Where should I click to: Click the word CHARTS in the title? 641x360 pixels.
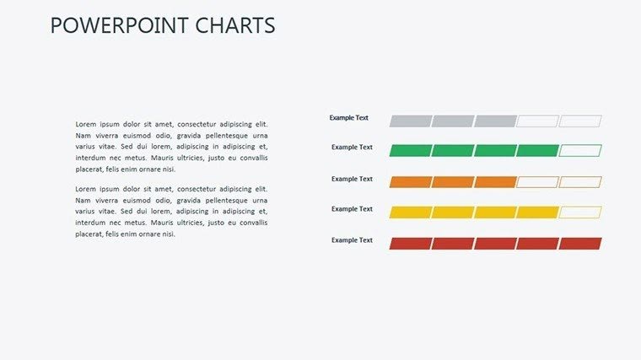click(x=237, y=26)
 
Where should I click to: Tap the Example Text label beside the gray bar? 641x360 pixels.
click(x=348, y=118)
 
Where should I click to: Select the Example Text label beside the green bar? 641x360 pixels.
click(x=352, y=148)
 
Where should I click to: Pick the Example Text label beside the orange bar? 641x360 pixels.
click(x=352, y=179)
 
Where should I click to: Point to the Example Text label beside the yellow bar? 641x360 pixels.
click(x=352, y=209)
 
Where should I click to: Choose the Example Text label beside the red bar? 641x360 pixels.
click(x=352, y=240)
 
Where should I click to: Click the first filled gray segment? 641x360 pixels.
click(x=410, y=121)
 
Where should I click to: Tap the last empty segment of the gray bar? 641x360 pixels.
click(x=580, y=121)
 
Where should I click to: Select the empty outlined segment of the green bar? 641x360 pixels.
click(x=580, y=151)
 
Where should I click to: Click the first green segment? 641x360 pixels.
click(x=410, y=151)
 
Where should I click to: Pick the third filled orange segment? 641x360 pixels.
click(x=495, y=182)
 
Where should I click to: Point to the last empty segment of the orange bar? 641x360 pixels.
click(x=580, y=182)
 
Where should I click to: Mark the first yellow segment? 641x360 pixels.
click(x=410, y=212)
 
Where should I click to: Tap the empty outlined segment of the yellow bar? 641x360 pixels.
click(x=580, y=212)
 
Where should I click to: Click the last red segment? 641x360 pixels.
click(x=580, y=244)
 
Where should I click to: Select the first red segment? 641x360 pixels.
click(x=410, y=244)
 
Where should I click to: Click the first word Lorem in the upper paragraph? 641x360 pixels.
click(x=87, y=124)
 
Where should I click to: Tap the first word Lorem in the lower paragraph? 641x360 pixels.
click(x=87, y=190)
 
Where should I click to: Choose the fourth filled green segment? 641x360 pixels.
click(x=537, y=151)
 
